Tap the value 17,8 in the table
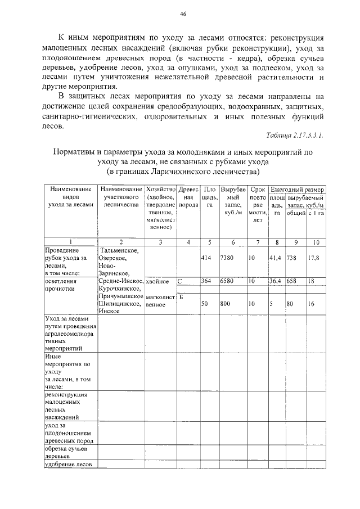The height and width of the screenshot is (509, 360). point(314,258)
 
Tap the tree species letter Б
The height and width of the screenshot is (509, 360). point(182,296)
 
